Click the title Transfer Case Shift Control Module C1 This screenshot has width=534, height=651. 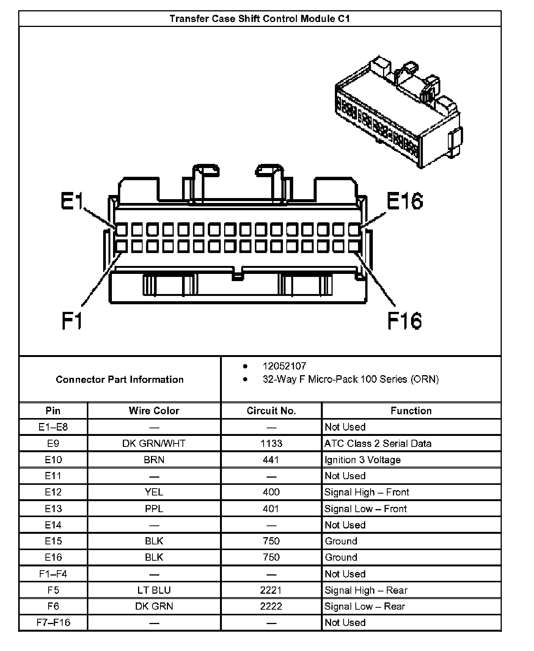point(259,19)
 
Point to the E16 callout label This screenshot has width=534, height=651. point(405,201)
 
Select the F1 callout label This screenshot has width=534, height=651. point(72,321)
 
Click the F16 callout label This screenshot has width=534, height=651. point(404,321)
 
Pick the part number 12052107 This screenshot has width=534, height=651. point(284,366)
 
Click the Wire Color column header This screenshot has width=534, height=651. point(154,410)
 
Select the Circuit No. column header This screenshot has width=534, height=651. point(271,410)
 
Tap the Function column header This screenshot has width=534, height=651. point(411,410)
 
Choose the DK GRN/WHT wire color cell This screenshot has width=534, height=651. point(154,443)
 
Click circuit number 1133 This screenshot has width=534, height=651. point(271,443)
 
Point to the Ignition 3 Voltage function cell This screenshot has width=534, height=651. point(363,460)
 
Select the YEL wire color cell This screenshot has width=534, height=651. point(154,492)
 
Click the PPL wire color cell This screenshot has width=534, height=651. point(154,509)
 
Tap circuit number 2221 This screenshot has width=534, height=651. point(271,590)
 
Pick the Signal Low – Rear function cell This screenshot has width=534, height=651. point(365,606)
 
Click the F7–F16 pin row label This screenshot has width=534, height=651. point(53,623)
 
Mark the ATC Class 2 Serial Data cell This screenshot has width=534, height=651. point(378,443)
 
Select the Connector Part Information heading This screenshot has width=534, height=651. point(119,379)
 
